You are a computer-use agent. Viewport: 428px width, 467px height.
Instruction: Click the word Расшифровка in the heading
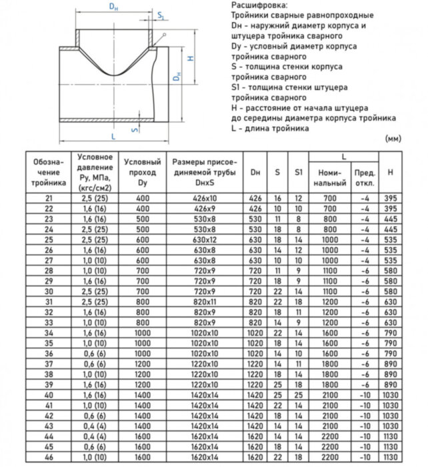pyautogui.click(x=254, y=5)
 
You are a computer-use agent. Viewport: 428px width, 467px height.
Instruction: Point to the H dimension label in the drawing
pyautogui.click(x=191, y=58)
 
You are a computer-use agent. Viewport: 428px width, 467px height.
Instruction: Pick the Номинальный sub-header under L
pyautogui.click(x=330, y=177)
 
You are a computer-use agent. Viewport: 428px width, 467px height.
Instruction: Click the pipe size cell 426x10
pyautogui.click(x=204, y=199)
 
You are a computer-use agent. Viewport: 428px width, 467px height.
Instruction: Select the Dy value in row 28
pyautogui.click(x=143, y=272)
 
